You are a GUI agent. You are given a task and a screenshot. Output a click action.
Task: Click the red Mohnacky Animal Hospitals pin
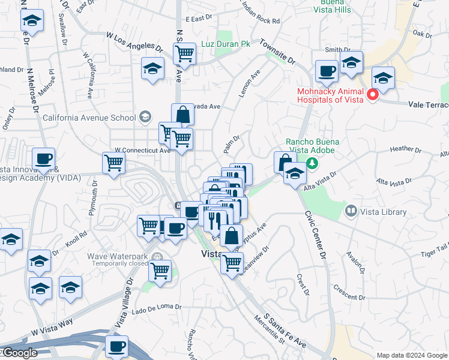(372, 94)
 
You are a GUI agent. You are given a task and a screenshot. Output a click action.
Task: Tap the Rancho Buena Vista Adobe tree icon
(312, 163)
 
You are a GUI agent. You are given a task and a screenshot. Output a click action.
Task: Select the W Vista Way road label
(52, 327)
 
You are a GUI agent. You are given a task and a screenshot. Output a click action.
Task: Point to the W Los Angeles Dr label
(134, 41)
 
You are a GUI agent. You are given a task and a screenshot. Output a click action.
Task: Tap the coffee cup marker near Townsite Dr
(327, 71)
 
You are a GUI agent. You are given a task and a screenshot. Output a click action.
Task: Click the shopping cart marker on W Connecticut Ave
(113, 162)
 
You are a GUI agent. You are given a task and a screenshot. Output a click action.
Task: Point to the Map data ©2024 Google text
(412, 355)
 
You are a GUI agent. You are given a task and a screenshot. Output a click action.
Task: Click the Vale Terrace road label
(428, 104)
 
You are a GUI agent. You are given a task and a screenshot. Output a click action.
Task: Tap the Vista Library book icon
(351, 211)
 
